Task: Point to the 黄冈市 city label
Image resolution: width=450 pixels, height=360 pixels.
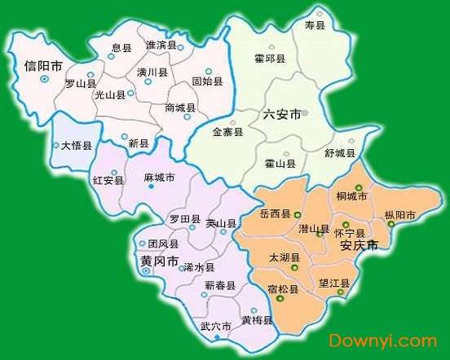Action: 159,260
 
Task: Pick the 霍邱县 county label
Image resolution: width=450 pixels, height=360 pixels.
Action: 269,59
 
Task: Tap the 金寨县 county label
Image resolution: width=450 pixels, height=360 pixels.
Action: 227,132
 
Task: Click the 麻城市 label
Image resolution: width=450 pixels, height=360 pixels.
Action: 158,177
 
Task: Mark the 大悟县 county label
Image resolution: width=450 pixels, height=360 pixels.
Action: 77,146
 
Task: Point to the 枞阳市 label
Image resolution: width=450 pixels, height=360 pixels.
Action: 399,216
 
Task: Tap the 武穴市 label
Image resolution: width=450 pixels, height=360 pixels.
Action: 216,327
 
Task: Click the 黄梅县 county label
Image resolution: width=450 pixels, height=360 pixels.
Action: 257,320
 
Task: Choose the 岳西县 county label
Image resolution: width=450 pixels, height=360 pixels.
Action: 275,213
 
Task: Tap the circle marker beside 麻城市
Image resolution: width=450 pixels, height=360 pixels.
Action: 151,187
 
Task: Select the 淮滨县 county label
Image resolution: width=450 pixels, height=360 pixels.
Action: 161,44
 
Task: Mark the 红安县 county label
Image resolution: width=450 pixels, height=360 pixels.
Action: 108,180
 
